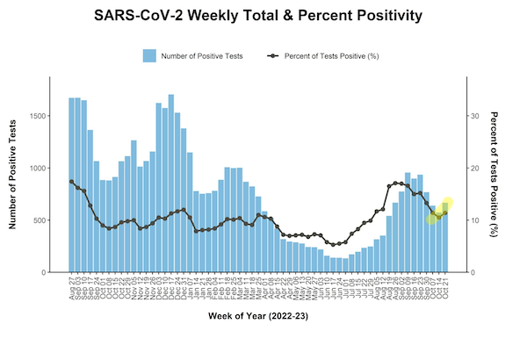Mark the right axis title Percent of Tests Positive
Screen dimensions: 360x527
pos(494,176)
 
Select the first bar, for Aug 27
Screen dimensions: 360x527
pos(72,184)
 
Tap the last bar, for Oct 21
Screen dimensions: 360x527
pos(444,238)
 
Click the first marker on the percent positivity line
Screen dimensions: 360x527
pos(72,182)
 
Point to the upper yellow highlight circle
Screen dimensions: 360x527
pos(447,204)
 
